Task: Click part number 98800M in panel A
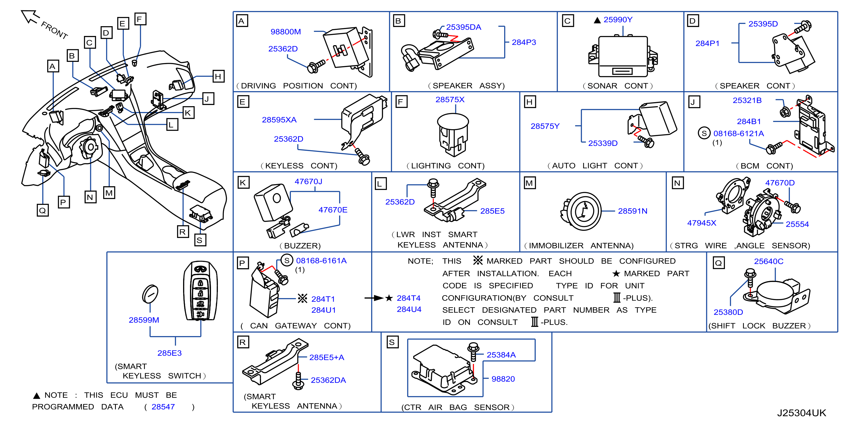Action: click(x=285, y=32)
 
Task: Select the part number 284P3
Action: click(x=523, y=42)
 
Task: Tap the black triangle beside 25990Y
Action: click(x=597, y=20)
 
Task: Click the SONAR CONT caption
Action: click(x=618, y=86)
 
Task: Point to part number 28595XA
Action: click(x=279, y=120)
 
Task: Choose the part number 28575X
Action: click(x=450, y=100)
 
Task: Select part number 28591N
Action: click(x=632, y=211)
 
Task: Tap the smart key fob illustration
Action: click(x=200, y=291)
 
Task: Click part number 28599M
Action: click(x=144, y=320)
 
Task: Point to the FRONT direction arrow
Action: click(x=30, y=17)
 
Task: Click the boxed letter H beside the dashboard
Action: click(x=218, y=77)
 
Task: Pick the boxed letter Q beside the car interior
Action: click(x=43, y=211)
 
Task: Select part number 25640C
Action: click(x=769, y=262)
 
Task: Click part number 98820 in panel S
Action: click(x=503, y=379)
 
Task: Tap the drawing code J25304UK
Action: click(x=801, y=413)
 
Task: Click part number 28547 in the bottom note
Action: click(x=163, y=407)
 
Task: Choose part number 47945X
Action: click(x=701, y=223)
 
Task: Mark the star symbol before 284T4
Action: click(x=389, y=298)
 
